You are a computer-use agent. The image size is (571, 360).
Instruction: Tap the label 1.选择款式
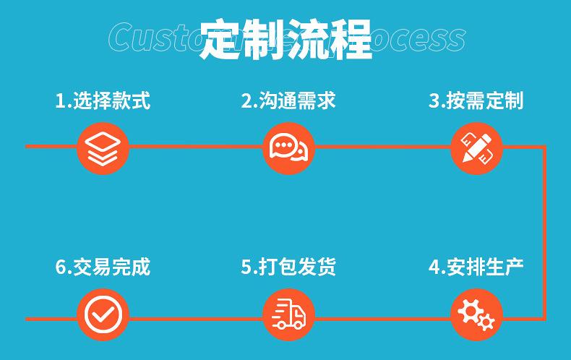coord(103,100)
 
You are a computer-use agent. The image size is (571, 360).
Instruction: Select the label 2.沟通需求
coord(288,100)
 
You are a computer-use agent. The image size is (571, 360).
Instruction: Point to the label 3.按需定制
coord(476,100)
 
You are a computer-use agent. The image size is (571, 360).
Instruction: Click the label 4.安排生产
coord(476,267)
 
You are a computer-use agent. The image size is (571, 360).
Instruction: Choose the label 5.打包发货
coord(288,267)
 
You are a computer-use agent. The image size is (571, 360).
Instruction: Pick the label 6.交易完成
coord(103,267)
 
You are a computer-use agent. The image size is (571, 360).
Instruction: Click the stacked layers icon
coord(103,147)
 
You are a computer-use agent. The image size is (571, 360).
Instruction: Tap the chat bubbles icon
coord(288,147)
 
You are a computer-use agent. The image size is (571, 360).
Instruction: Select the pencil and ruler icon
coord(476,147)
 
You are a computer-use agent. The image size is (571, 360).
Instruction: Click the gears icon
coord(476,315)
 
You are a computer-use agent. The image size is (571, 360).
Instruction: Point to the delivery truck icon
coord(288,315)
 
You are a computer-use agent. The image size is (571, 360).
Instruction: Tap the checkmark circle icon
coord(103,315)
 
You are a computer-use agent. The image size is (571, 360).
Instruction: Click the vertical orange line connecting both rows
coord(544,231)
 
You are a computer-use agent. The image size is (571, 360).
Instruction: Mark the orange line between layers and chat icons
coord(195,147)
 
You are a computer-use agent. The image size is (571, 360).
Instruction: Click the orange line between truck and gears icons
coord(382,318)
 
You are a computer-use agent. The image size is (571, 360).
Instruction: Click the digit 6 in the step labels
coord(61,267)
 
